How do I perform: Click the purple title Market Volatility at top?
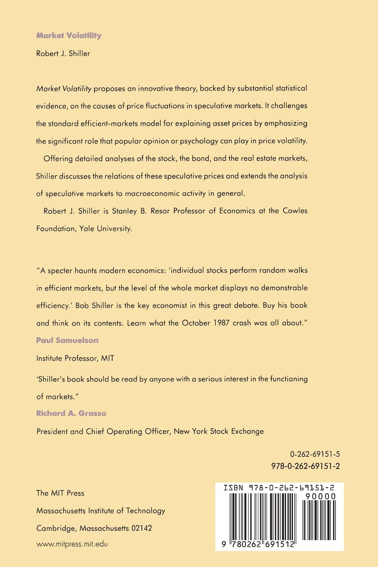69,36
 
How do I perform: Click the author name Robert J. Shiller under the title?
63,53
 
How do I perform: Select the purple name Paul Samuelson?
68,340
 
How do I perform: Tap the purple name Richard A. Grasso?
71,414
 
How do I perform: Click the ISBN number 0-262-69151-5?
315,454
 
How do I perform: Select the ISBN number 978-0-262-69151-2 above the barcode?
305,466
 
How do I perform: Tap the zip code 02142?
141,528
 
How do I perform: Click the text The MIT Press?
60,493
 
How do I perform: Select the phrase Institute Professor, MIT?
75,358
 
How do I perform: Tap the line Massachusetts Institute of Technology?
101,511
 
